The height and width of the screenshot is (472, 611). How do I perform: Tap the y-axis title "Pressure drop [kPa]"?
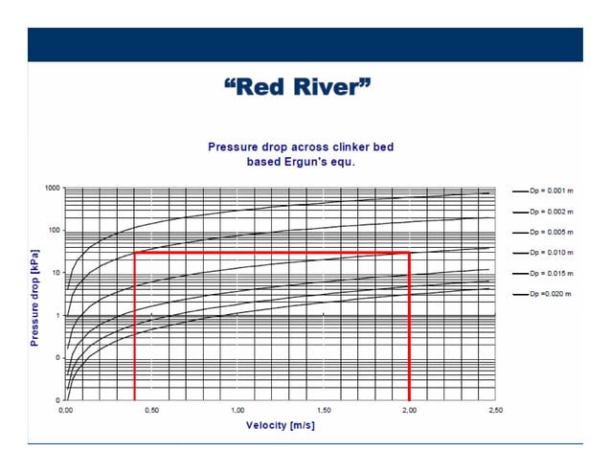click(x=34, y=294)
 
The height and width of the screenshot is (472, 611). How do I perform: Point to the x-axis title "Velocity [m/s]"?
click(x=280, y=425)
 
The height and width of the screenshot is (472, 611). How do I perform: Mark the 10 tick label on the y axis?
click(x=55, y=273)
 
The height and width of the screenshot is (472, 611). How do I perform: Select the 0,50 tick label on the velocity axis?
click(x=151, y=410)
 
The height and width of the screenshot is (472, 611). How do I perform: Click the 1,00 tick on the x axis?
click(x=238, y=410)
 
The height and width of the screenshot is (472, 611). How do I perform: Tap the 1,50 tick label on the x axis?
click(x=324, y=410)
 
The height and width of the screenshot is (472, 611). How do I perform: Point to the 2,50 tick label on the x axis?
click(x=495, y=410)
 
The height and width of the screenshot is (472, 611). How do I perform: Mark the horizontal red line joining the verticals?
click(x=272, y=253)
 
